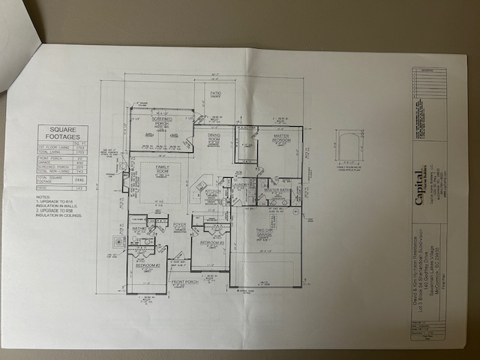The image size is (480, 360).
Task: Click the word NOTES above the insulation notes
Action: tap(43, 197)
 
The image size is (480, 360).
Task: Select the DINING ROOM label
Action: tap(214, 139)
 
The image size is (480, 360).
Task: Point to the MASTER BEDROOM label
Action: tap(280, 139)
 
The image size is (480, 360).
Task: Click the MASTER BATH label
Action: tap(277, 191)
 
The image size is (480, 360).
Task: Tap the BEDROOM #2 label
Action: tap(146, 265)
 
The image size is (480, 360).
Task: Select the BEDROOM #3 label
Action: tap(211, 243)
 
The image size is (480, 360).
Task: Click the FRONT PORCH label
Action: tap(184, 283)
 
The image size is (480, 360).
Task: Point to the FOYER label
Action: tap(179, 223)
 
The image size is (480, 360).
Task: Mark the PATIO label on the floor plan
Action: tap(214, 94)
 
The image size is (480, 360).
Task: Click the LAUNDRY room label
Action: tap(242, 183)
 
